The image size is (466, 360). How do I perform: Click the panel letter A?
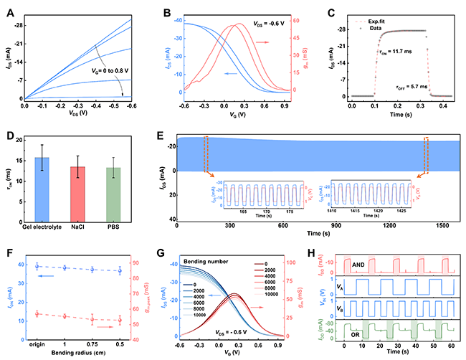coord(9,9)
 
